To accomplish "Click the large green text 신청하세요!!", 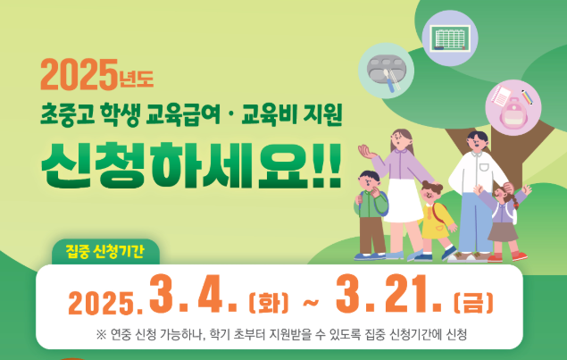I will coord(191,163).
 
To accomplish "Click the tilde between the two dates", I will coord(310,300).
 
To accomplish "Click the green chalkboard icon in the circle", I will coord(450,38).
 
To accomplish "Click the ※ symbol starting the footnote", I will coord(102,335).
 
